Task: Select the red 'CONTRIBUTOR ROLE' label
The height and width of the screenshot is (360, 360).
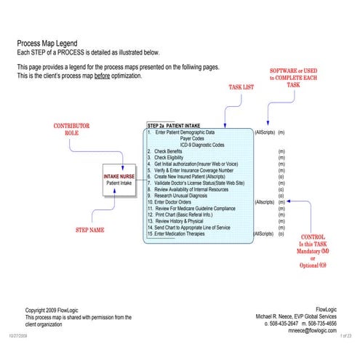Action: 71,129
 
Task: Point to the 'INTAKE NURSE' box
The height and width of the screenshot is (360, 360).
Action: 119,179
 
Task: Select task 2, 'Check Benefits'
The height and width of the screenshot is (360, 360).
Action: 168,151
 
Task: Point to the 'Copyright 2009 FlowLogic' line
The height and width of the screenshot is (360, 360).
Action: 58,311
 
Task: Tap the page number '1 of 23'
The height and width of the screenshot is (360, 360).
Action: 345,335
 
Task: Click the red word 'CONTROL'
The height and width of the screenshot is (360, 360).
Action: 313,237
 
